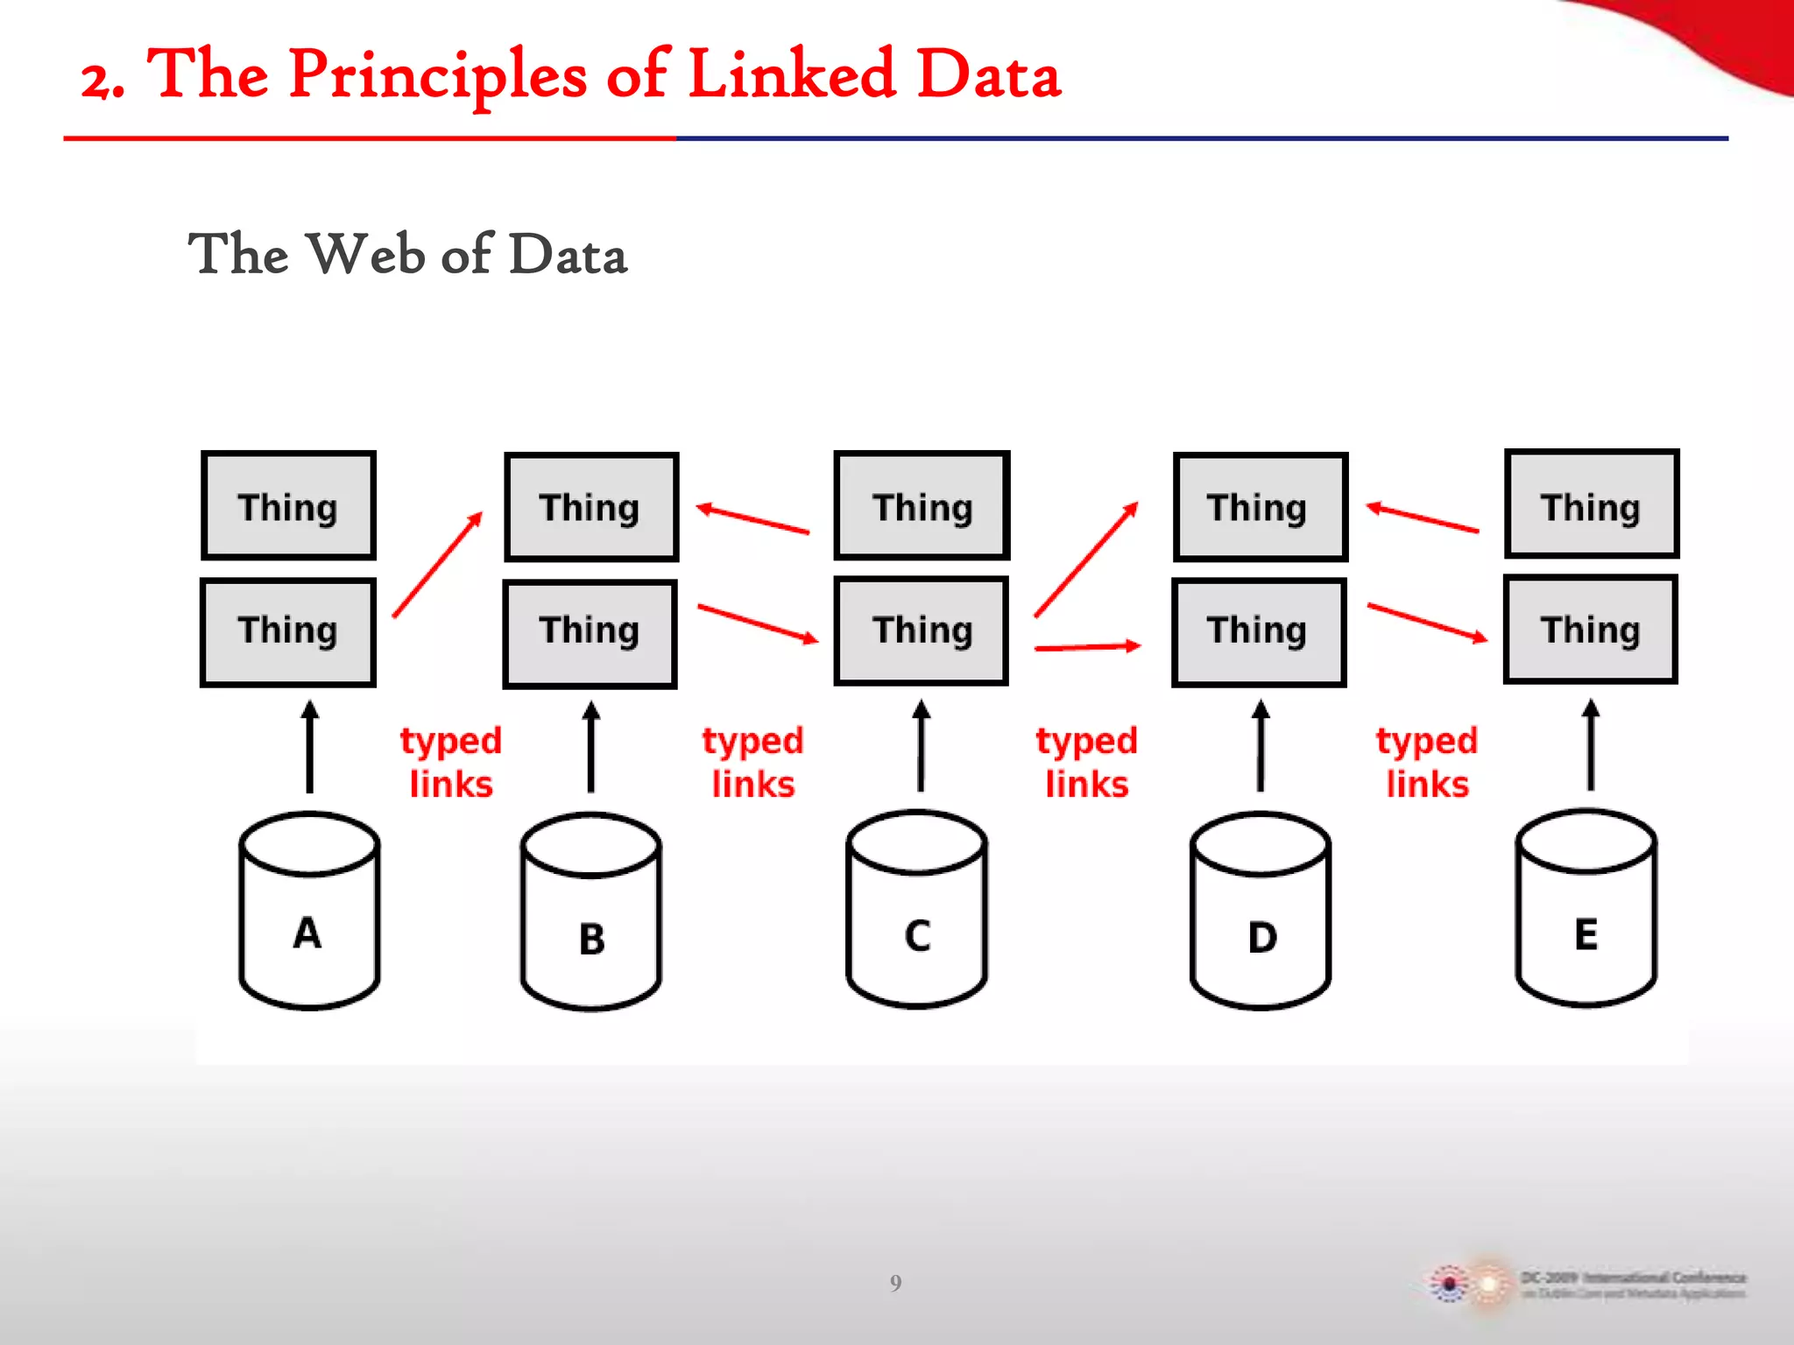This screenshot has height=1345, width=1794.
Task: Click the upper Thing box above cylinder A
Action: (x=288, y=506)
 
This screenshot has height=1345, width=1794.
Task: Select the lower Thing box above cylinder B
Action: (x=590, y=633)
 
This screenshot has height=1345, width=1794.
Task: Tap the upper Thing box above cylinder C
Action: (x=922, y=505)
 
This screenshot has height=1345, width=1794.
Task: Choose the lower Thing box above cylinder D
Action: (x=1259, y=632)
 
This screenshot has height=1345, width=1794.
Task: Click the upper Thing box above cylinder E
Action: (x=1592, y=504)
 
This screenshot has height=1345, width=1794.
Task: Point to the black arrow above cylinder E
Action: (x=1592, y=745)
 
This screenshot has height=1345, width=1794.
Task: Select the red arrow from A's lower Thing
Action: (x=438, y=565)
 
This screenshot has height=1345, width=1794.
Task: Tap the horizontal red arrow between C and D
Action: (x=1087, y=647)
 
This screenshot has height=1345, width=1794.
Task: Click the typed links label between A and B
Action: (x=451, y=762)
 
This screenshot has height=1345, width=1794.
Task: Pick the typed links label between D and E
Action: (x=1427, y=762)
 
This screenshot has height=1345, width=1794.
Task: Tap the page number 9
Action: (x=895, y=1283)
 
